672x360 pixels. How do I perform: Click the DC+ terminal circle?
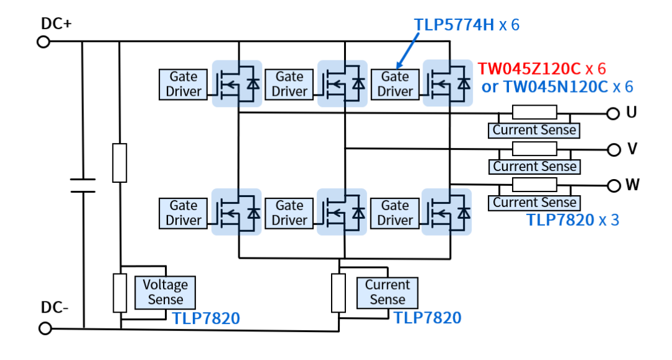tap(44, 42)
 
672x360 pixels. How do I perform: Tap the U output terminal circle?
tap(614, 113)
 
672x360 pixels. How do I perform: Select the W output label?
tap(632, 185)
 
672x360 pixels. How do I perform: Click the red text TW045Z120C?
tap(530, 68)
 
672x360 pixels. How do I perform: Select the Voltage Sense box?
tap(165, 292)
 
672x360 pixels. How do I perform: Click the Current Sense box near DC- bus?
tap(387, 292)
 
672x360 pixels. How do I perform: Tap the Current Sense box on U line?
tap(534, 130)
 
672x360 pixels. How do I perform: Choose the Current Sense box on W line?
tap(534, 203)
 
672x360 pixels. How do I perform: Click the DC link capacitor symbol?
tap(82, 185)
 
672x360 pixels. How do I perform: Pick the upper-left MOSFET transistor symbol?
tap(237, 83)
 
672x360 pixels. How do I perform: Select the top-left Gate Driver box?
tap(183, 84)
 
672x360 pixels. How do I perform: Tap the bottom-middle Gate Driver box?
tap(289, 213)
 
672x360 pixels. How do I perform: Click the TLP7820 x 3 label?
tap(572, 219)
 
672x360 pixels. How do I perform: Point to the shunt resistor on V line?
tap(534, 149)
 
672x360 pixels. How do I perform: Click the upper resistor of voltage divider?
tap(119, 162)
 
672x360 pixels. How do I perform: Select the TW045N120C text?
tap(554, 86)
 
